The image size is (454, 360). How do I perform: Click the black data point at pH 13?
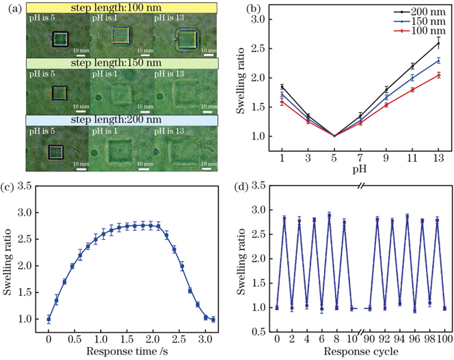click(x=438, y=43)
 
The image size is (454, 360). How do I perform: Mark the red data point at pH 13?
click(x=438, y=75)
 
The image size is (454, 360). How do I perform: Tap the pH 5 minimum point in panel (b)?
click(x=334, y=135)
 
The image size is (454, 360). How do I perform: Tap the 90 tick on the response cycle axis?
click(x=368, y=338)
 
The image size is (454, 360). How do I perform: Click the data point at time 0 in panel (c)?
click(x=49, y=319)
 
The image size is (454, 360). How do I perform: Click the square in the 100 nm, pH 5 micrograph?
click(x=61, y=41)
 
